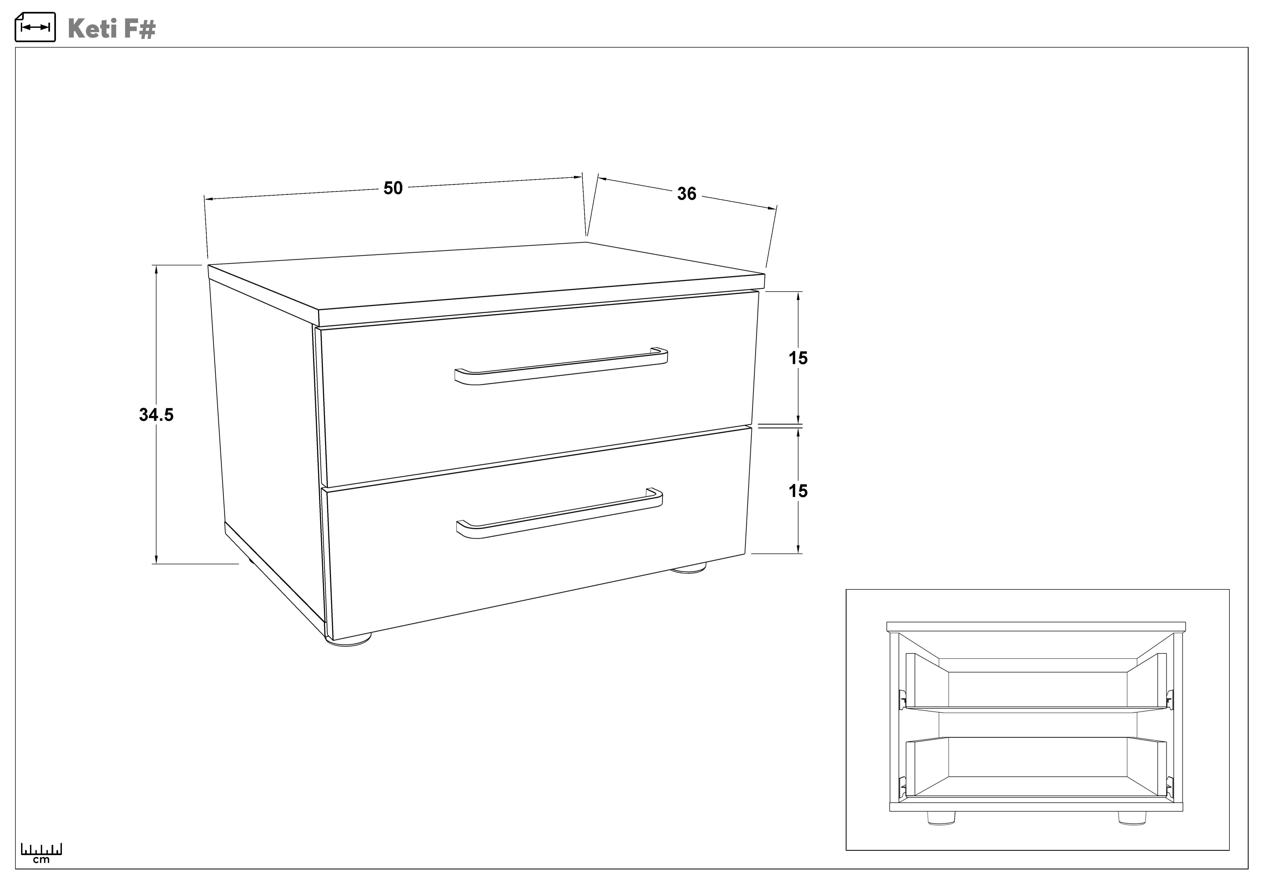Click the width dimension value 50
click(393, 188)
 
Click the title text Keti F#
click(112, 28)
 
